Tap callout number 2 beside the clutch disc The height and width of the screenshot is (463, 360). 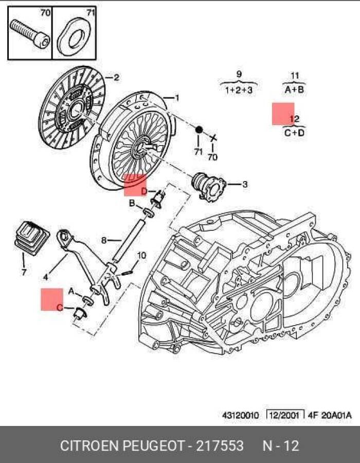click(116, 78)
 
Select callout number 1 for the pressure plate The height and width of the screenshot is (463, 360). click(177, 98)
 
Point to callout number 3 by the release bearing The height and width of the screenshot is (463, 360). click(245, 184)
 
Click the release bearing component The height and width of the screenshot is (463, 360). click(208, 184)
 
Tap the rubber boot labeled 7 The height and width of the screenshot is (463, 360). click(29, 237)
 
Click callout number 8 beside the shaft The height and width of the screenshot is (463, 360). click(104, 240)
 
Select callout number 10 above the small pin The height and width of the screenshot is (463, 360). click(142, 255)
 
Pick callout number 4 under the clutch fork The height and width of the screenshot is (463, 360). click(45, 277)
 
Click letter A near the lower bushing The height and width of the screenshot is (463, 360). click(71, 292)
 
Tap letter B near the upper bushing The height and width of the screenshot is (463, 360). click(132, 204)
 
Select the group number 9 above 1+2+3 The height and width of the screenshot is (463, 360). click(239, 74)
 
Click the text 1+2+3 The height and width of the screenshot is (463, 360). click(239, 90)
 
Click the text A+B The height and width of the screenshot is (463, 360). click(295, 90)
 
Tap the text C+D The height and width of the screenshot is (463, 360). click(294, 133)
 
